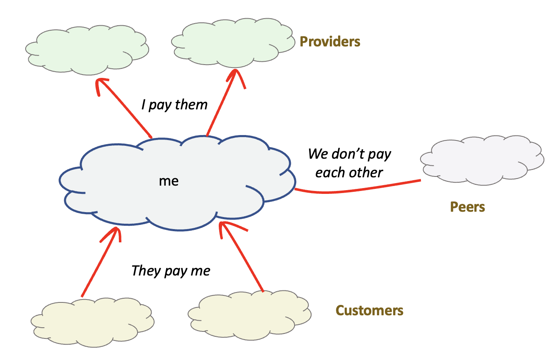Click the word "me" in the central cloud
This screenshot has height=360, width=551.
coord(169,181)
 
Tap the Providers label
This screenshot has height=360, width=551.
coord(330,41)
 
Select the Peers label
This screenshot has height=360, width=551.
coord(467,207)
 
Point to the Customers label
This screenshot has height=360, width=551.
coord(369,310)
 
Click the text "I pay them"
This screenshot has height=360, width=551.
coord(174,105)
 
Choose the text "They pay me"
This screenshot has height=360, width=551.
coord(171,271)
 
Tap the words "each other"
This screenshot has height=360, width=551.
coord(349,172)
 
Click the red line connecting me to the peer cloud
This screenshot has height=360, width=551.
coord(356,189)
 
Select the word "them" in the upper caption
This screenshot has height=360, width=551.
coord(191,105)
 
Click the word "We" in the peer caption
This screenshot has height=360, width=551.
coord(318,154)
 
